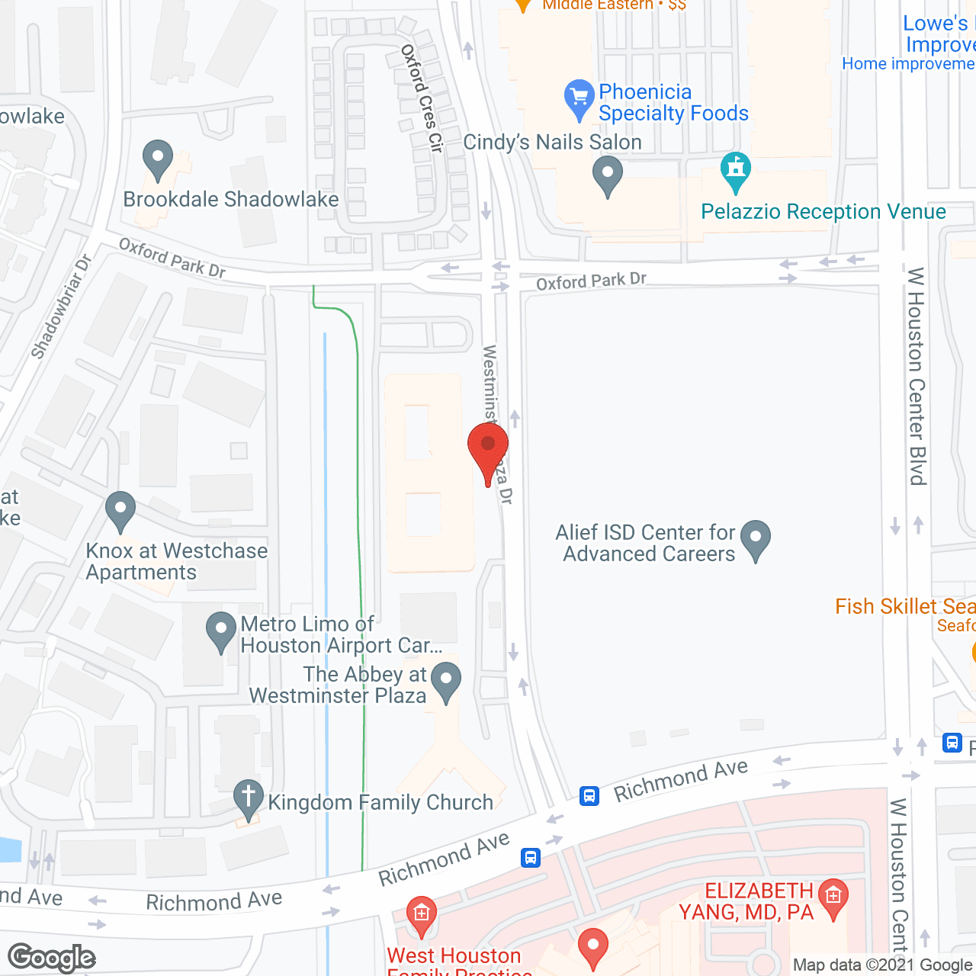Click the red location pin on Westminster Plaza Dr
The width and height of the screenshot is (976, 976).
coord(488,450)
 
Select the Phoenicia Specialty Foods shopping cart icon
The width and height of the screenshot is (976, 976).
coord(579,99)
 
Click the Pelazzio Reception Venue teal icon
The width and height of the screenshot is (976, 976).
coord(736,171)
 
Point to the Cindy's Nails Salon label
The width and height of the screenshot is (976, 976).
coord(552,143)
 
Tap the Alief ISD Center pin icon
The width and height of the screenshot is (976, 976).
coord(756,539)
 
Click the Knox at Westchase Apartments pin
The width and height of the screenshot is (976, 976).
coord(120,510)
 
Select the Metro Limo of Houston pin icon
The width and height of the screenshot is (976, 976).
coord(221,631)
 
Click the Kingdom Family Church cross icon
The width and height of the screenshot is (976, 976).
coord(248,798)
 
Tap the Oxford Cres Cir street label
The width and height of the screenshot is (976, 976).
coord(422,98)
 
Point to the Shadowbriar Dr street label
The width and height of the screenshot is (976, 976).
coord(62,307)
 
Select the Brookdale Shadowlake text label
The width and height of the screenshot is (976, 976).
coord(231,200)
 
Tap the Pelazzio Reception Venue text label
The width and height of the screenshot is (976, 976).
coord(823,212)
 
